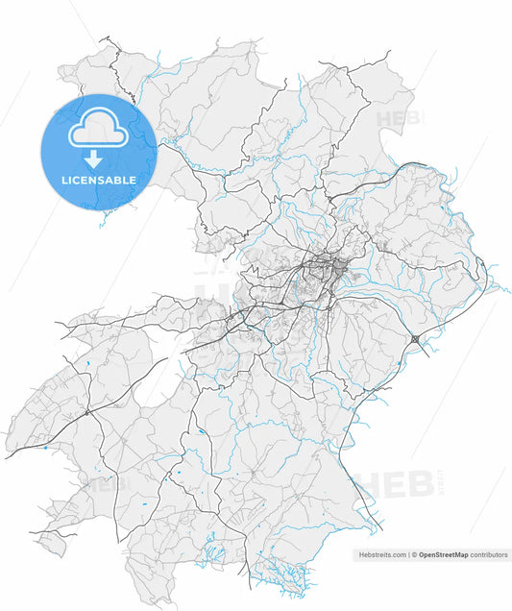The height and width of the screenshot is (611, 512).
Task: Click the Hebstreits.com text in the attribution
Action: (x=381, y=555)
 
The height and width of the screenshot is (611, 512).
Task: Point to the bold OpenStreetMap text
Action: (x=443, y=555)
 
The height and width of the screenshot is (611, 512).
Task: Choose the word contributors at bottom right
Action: (x=489, y=555)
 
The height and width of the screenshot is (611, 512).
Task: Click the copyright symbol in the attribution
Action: (x=414, y=555)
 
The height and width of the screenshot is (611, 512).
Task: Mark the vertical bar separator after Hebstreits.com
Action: (x=407, y=555)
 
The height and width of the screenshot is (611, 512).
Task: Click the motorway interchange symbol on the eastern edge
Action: (x=414, y=339)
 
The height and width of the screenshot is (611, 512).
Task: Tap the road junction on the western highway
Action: (x=86, y=412)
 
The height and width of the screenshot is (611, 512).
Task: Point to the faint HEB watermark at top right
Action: (x=396, y=120)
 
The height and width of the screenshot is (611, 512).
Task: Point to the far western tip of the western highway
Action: (x=7, y=457)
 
